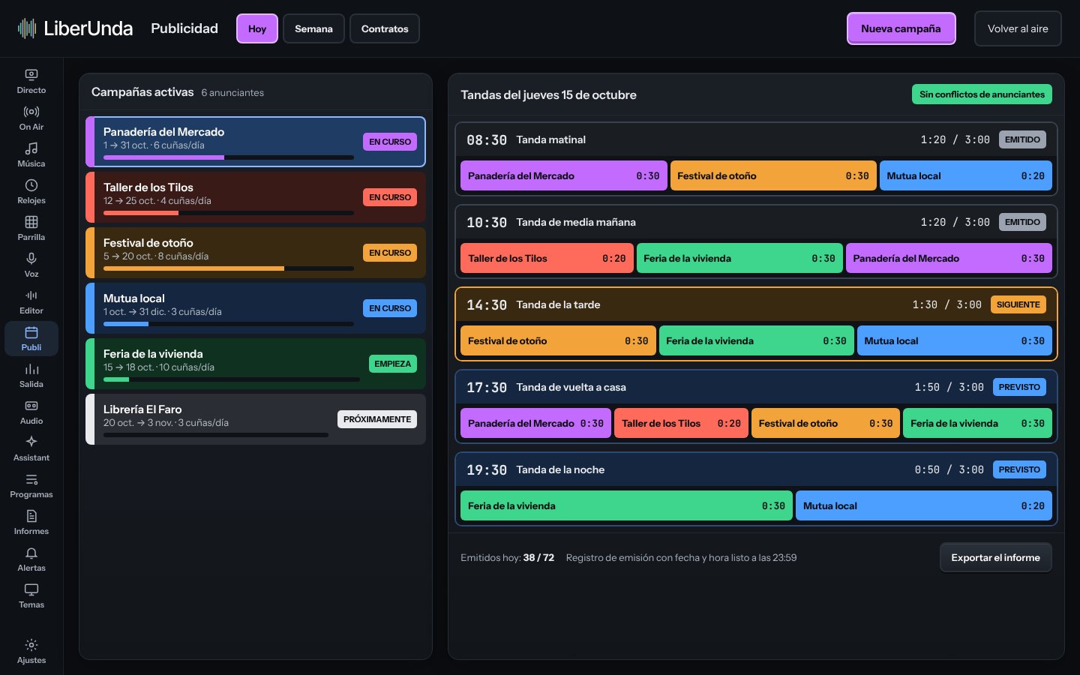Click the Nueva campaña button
pyautogui.click(x=901, y=28)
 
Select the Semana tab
pyautogui.click(x=313, y=28)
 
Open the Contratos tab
pyautogui.click(x=384, y=28)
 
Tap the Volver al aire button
pyautogui.click(x=1017, y=28)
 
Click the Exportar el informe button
pyautogui.click(x=995, y=557)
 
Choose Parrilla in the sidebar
pyautogui.click(x=31, y=229)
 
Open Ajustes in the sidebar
pyautogui.click(x=31, y=651)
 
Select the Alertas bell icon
pyautogui.click(x=31, y=553)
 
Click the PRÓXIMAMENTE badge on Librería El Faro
pyautogui.click(x=377, y=419)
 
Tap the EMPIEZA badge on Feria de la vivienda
pyautogui.click(x=392, y=364)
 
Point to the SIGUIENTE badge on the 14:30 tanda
pyautogui.click(x=1018, y=304)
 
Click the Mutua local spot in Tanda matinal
pyautogui.click(x=965, y=175)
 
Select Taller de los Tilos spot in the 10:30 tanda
pyautogui.click(x=547, y=258)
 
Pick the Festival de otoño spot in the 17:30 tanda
pyautogui.click(x=825, y=423)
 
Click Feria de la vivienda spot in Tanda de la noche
pyautogui.click(x=626, y=505)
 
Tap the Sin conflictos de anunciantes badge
pyautogui.click(x=982, y=94)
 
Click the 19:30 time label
pyautogui.click(x=487, y=469)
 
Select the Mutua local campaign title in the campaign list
pyautogui.click(x=134, y=298)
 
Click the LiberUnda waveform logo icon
pyautogui.click(x=27, y=28)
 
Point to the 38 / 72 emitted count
pyautogui.click(x=538, y=557)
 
